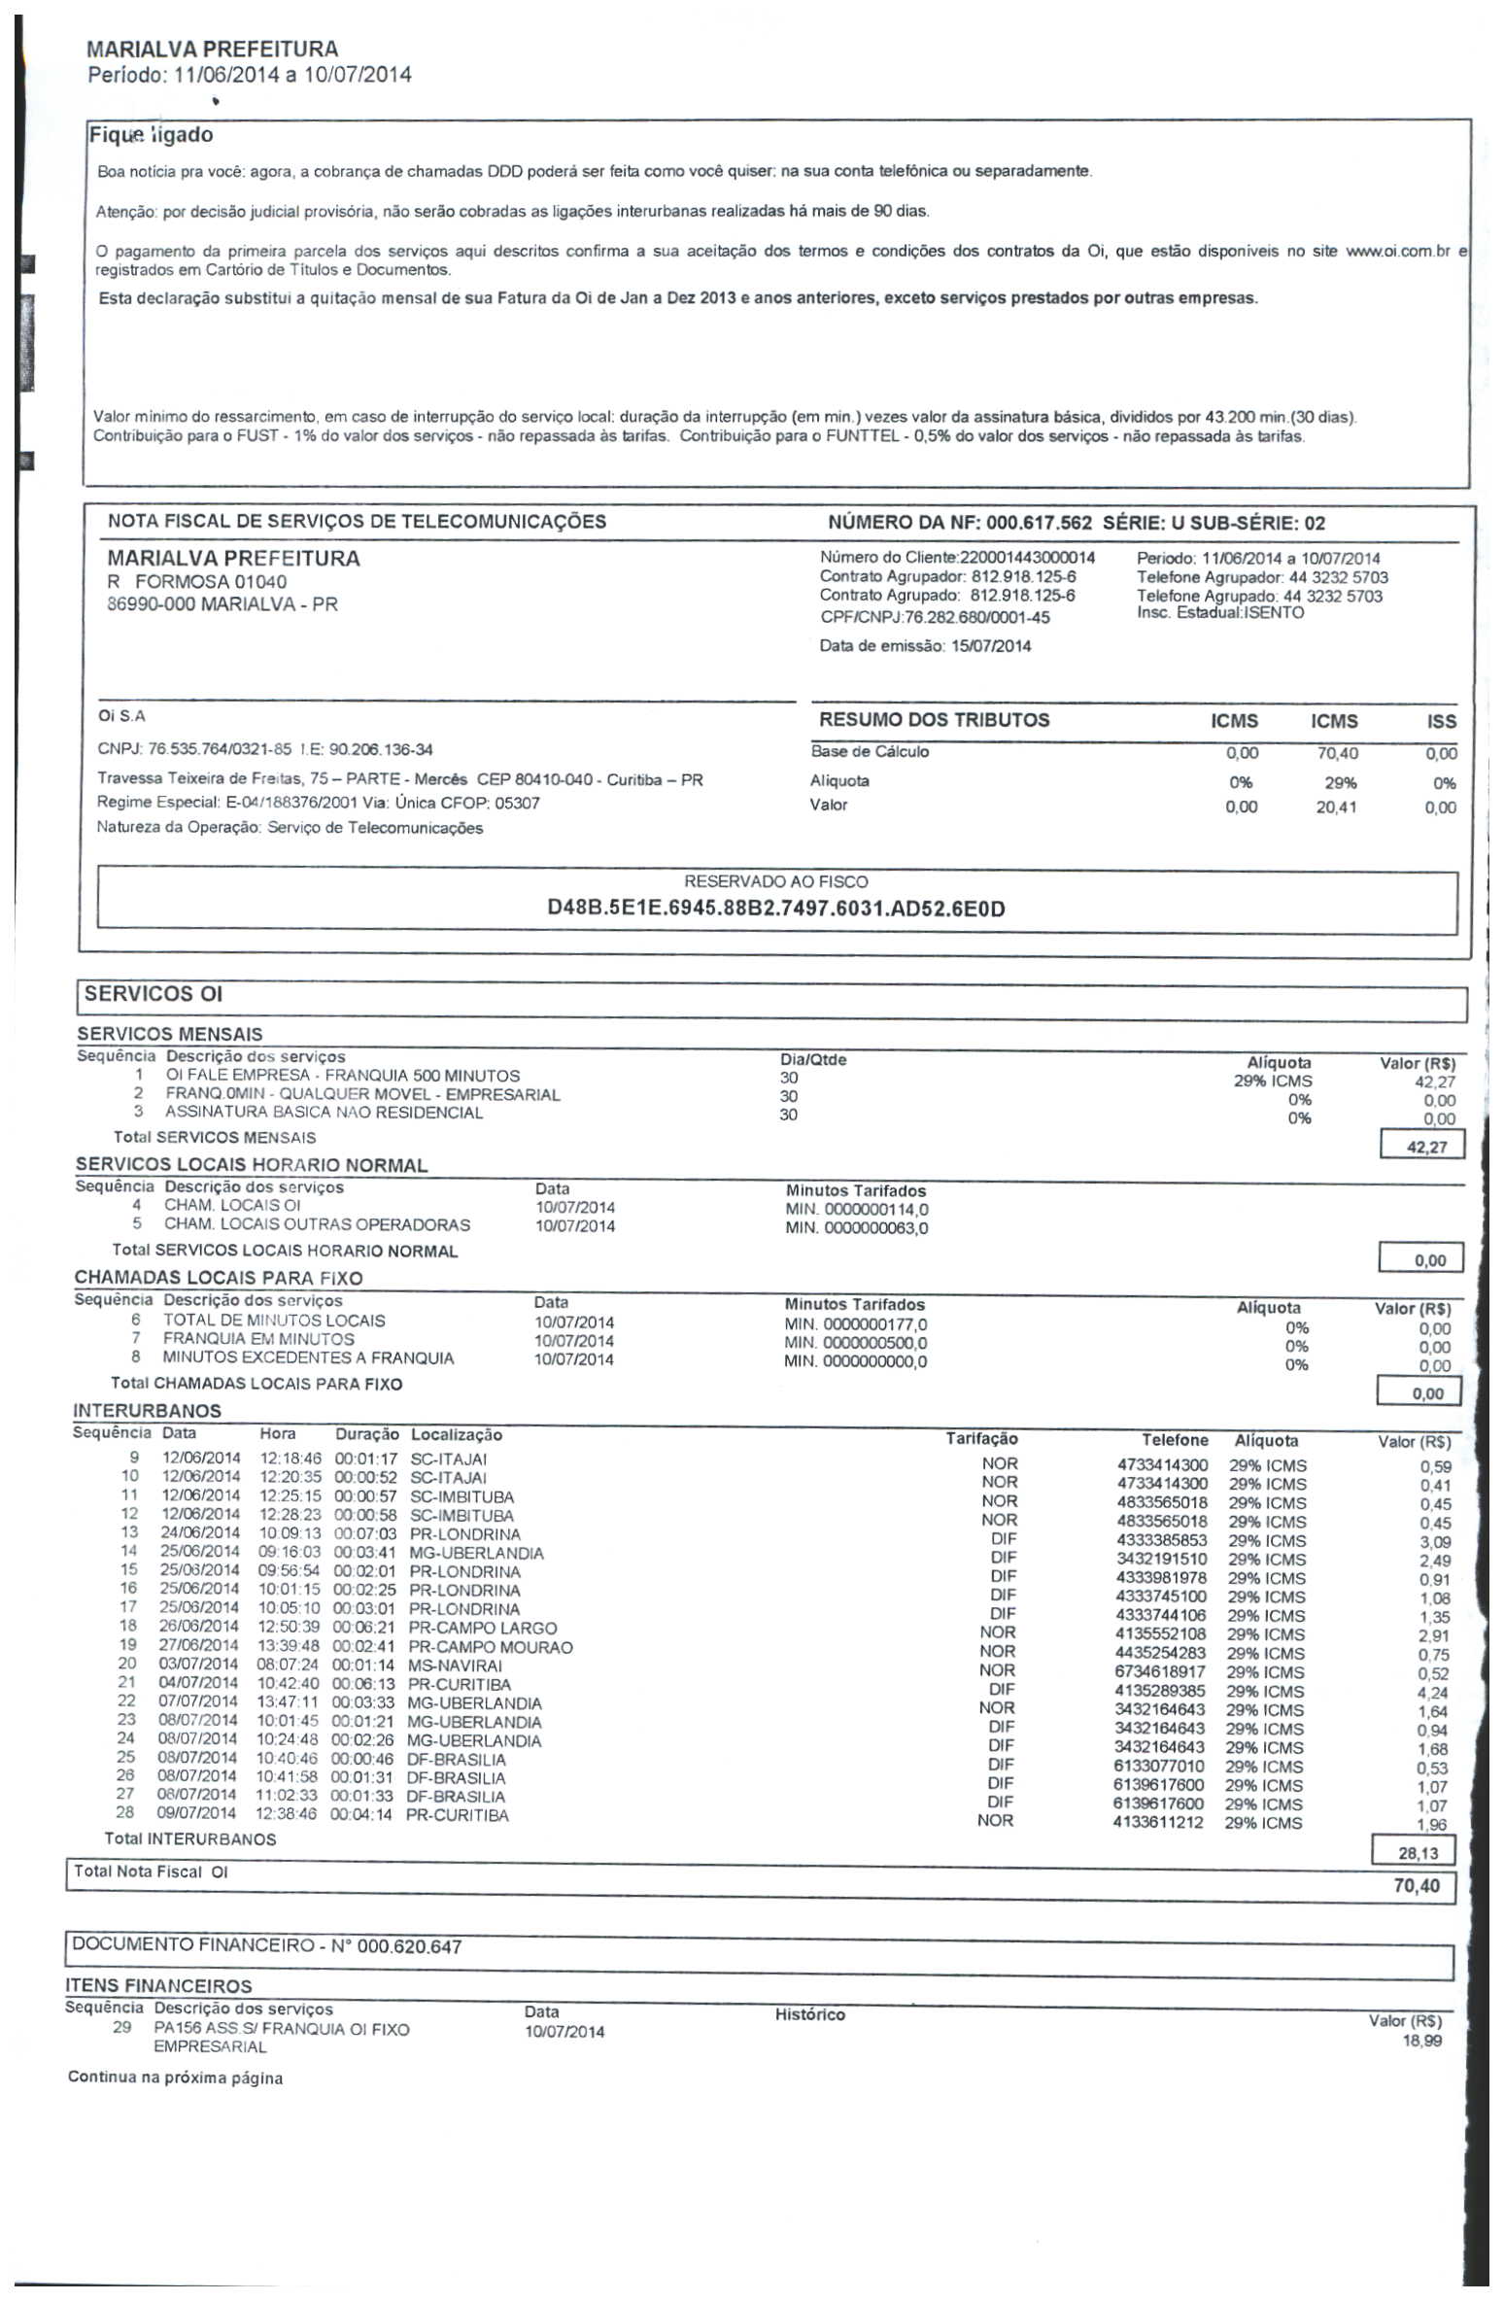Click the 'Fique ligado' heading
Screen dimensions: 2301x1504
(151, 135)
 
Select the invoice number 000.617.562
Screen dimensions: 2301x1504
(1039, 523)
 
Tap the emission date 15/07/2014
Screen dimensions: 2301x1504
(991, 646)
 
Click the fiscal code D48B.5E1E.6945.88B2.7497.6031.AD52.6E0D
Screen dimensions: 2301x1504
(776, 909)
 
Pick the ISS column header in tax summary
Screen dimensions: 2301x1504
(1441, 721)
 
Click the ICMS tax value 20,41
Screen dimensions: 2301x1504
(1336, 807)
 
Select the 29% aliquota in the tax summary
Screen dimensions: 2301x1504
(1340, 783)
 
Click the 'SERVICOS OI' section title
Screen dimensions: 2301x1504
(154, 994)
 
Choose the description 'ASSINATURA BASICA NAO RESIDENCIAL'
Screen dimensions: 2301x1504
(324, 1113)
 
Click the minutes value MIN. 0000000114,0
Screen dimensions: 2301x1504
(857, 1210)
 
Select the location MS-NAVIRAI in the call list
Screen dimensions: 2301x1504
(455, 1666)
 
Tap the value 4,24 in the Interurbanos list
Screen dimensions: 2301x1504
(1432, 1693)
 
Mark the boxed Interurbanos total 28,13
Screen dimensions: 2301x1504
(1419, 1853)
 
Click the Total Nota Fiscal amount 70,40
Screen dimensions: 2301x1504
(1417, 1887)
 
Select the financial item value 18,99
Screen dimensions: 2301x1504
(1421, 2042)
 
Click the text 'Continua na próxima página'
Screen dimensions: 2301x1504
(175, 2078)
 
